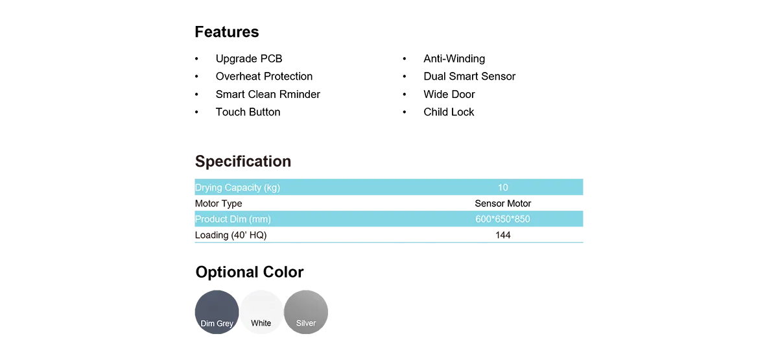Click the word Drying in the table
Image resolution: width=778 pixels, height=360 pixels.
(x=208, y=188)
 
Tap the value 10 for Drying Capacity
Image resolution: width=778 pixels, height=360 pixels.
(x=503, y=188)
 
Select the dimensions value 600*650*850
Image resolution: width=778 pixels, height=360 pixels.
(x=502, y=219)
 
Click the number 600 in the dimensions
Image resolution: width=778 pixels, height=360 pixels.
(x=484, y=219)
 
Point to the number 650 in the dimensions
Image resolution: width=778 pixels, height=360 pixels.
(x=502, y=219)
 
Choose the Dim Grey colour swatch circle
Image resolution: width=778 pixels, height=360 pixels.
(x=217, y=311)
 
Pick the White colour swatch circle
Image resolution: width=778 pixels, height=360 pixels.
(x=261, y=311)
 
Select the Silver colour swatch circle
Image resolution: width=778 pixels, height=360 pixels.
(x=307, y=311)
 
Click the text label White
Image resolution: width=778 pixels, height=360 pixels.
(x=261, y=323)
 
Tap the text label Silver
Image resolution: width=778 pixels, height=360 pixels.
(x=306, y=323)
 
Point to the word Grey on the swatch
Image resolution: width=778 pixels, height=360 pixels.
(x=225, y=324)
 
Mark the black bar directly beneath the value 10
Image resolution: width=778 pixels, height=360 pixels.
(x=503, y=200)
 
